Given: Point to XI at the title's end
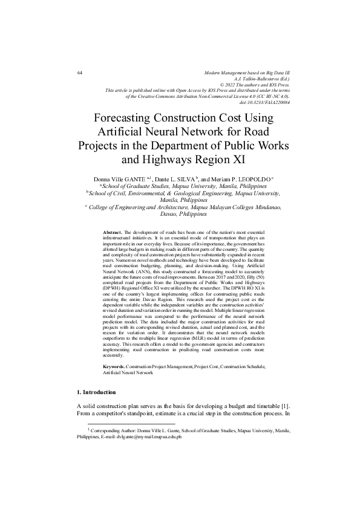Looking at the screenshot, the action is click(238, 160).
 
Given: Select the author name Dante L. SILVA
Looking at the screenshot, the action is click(174, 180).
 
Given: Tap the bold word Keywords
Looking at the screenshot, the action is click(114, 367).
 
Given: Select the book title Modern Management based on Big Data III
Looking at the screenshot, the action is click(248, 73).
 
